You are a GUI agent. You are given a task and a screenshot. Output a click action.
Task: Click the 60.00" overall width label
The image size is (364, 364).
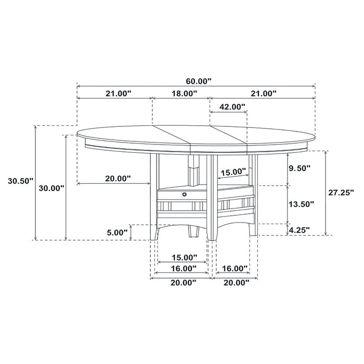(199, 81)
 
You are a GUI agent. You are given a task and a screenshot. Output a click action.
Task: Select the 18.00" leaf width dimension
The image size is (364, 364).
(184, 94)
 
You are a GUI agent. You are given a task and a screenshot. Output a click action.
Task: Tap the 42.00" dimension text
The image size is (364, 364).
(231, 107)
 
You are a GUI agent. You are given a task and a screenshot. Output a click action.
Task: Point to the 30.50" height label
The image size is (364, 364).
(20, 181)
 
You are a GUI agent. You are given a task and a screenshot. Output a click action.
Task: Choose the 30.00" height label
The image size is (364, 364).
(51, 188)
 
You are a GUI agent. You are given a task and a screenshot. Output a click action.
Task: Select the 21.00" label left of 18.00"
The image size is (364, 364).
(118, 94)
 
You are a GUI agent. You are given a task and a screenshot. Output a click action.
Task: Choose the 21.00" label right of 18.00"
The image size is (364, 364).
(263, 94)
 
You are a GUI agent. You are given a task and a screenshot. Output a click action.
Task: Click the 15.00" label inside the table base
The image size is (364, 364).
(232, 172)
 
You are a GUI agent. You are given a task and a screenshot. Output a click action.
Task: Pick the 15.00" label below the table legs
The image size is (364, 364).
(184, 257)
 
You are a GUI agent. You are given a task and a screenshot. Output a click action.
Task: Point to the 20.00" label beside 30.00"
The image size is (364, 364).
(118, 178)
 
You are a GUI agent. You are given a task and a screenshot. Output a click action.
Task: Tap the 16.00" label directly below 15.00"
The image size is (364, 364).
(184, 268)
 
